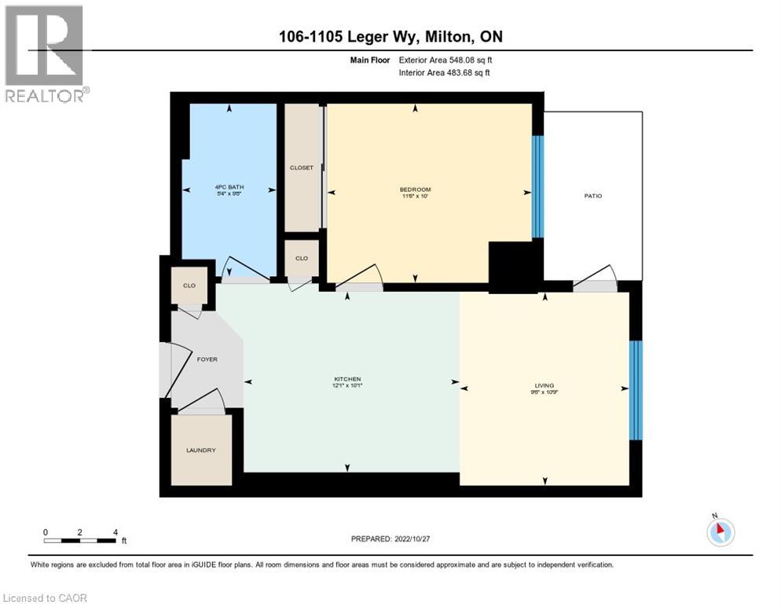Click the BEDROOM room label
click(x=415, y=190)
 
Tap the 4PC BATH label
click(x=229, y=187)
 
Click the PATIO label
click(x=592, y=196)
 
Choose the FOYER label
click(x=207, y=359)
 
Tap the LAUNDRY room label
click(x=201, y=451)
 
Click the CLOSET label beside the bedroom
click(x=302, y=168)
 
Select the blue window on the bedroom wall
click(x=537, y=186)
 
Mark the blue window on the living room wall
click(x=636, y=390)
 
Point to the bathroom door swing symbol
click(x=244, y=271)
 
